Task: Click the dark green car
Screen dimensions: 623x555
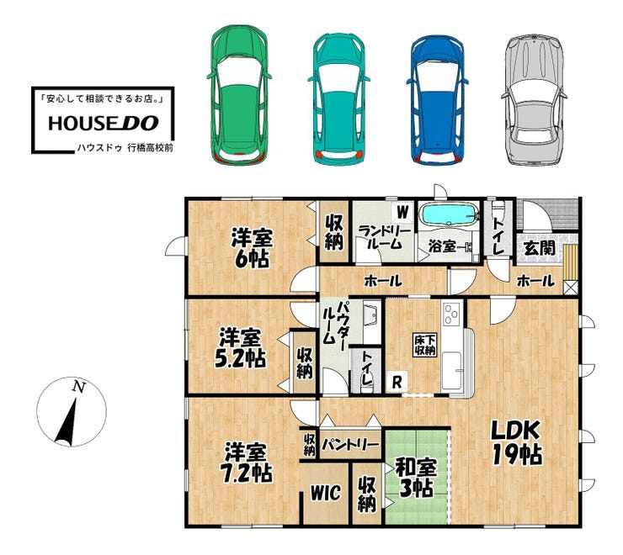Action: pyautogui.click(x=239, y=94)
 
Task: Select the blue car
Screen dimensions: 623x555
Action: pyautogui.click(x=437, y=99)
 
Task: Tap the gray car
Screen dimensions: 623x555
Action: pyautogui.click(x=534, y=99)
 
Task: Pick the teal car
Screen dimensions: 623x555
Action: pyautogui.click(x=338, y=98)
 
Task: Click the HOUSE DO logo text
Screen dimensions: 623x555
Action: pyautogui.click(x=104, y=123)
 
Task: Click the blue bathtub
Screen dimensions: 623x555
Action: pyautogui.click(x=449, y=214)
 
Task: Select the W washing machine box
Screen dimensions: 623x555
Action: pyautogui.click(x=402, y=213)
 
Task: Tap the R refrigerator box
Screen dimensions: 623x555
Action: pyautogui.click(x=397, y=383)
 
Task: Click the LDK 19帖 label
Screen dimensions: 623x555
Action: pyautogui.click(x=517, y=442)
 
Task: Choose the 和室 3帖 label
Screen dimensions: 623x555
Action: pyautogui.click(x=416, y=478)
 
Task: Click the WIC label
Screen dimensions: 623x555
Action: pyautogui.click(x=326, y=493)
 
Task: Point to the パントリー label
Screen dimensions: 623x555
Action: pyautogui.click(x=350, y=444)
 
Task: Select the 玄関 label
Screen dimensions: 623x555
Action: pyautogui.click(x=540, y=248)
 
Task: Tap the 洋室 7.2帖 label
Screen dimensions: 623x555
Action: pyautogui.click(x=248, y=462)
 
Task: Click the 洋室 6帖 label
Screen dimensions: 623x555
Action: pyautogui.click(x=252, y=248)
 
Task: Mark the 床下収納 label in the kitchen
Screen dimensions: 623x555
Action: pyautogui.click(x=424, y=346)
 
